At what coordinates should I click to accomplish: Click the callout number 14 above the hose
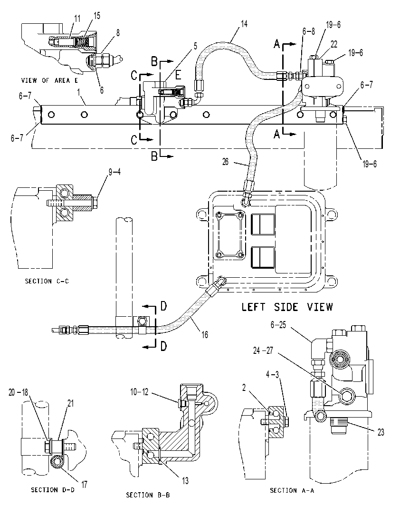[244, 24]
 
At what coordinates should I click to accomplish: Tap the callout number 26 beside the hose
[225, 162]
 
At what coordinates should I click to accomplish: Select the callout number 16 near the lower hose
[205, 335]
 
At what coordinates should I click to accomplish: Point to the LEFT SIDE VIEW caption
[287, 307]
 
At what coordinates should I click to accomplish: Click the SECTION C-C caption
[47, 281]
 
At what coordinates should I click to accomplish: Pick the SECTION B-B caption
[148, 495]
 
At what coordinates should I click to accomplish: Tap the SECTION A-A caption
[292, 490]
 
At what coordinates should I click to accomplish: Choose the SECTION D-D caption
[53, 490]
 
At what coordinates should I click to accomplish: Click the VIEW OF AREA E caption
[49, 80]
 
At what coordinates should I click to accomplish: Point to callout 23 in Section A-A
[381, 432]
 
